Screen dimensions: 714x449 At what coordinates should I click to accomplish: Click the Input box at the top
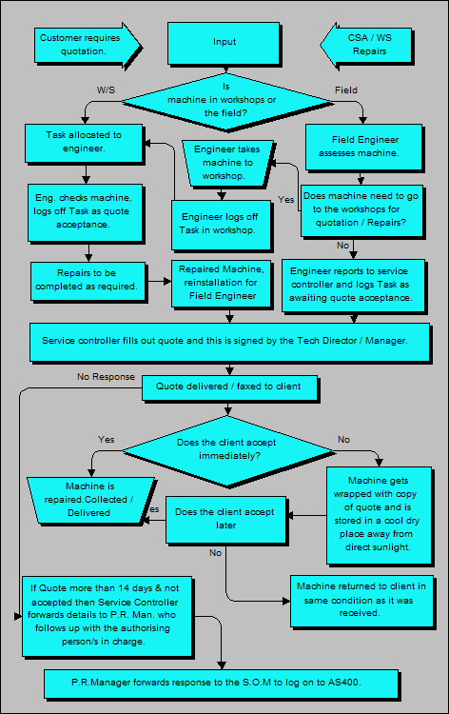(x=224, y=43)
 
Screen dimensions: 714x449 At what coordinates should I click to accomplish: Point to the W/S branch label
(x=107, y=89)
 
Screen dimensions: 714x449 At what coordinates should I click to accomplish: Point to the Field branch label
(x=346, y=89)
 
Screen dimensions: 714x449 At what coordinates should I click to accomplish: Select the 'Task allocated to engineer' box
(x=84, y=142)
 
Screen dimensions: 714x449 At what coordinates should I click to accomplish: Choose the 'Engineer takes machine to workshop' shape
(x=227, y=163)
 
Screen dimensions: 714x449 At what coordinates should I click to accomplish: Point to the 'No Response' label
(x=104, y=377)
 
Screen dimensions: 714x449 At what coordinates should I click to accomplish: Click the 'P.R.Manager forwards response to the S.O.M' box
(x=224, y=683)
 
